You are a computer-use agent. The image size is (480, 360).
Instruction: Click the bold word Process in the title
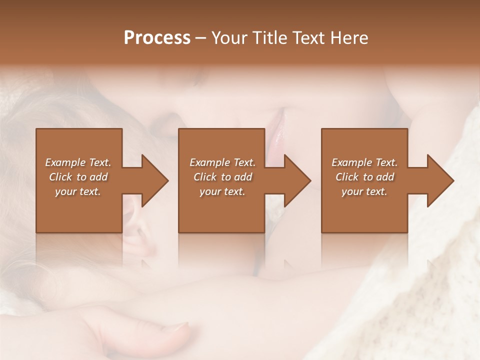coord(157,38)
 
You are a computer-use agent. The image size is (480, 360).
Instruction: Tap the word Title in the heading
coord(270,38)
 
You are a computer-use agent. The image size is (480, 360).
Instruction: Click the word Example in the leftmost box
coord(65,162)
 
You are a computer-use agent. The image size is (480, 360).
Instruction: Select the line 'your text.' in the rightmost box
coord(364,191)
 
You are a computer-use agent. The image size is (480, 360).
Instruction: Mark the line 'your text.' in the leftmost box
coord(78,191)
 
